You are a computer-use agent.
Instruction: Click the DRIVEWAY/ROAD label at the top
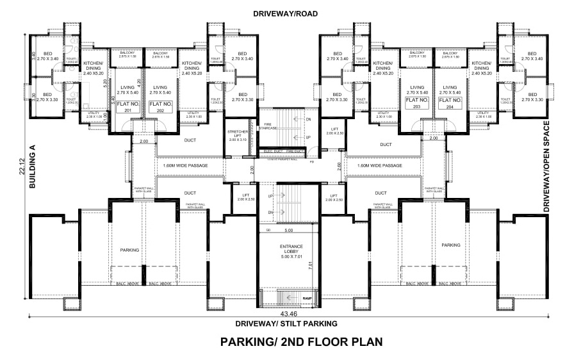click(285, 13)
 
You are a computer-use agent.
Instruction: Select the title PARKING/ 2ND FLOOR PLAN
click(301, 341)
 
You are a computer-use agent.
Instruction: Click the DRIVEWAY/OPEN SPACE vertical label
click(547, 166)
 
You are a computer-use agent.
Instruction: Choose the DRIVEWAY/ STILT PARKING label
click(286, 324)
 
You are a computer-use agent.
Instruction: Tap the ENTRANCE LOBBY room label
click(291, 249)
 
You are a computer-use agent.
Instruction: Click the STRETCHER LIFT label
click(237, 135)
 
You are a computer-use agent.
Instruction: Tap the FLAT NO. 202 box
click(160, 106)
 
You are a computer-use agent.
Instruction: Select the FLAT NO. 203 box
click(417, 103)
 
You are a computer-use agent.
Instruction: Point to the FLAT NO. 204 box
click(448, 103)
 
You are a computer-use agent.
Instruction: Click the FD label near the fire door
click(312, 162)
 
